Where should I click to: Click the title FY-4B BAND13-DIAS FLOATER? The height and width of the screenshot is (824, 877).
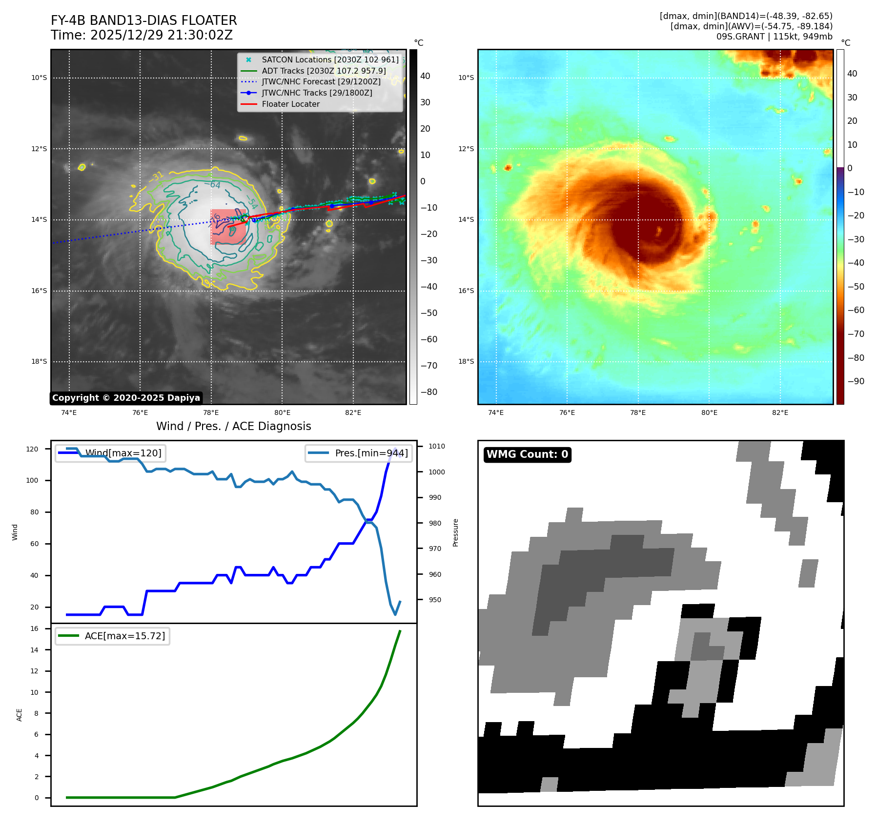[143, 20]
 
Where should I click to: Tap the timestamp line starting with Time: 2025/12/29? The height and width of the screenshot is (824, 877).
[142, 35]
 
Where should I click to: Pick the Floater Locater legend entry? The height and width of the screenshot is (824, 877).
[290, 104]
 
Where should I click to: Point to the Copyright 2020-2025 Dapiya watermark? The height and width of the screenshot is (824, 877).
[126, 398]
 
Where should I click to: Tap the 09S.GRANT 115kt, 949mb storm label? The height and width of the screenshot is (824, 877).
[774, 37]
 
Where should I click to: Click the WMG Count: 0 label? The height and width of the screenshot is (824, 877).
[527, 454]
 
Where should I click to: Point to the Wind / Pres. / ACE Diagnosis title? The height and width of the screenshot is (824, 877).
[233, 426]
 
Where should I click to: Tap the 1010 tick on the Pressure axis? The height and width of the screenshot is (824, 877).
[437, 446]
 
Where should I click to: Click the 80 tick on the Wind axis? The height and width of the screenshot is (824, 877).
[34, 512]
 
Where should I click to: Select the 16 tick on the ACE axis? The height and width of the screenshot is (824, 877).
[34, 628]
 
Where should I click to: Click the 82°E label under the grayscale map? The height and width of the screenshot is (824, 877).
[353, 413]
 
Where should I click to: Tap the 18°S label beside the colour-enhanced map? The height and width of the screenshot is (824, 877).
[466, 361]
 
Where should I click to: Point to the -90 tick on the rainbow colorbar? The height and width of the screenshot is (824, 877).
[856, 381]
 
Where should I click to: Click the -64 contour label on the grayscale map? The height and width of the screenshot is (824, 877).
[215, 185]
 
